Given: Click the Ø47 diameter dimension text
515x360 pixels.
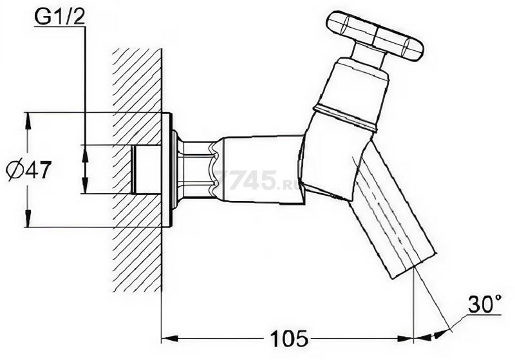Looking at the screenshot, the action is (30, 170).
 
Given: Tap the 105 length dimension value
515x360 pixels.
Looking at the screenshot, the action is (289, 338).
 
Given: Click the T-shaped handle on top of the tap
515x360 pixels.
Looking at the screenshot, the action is (375, 36).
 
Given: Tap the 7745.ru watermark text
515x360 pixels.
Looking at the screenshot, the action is (254, 181).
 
